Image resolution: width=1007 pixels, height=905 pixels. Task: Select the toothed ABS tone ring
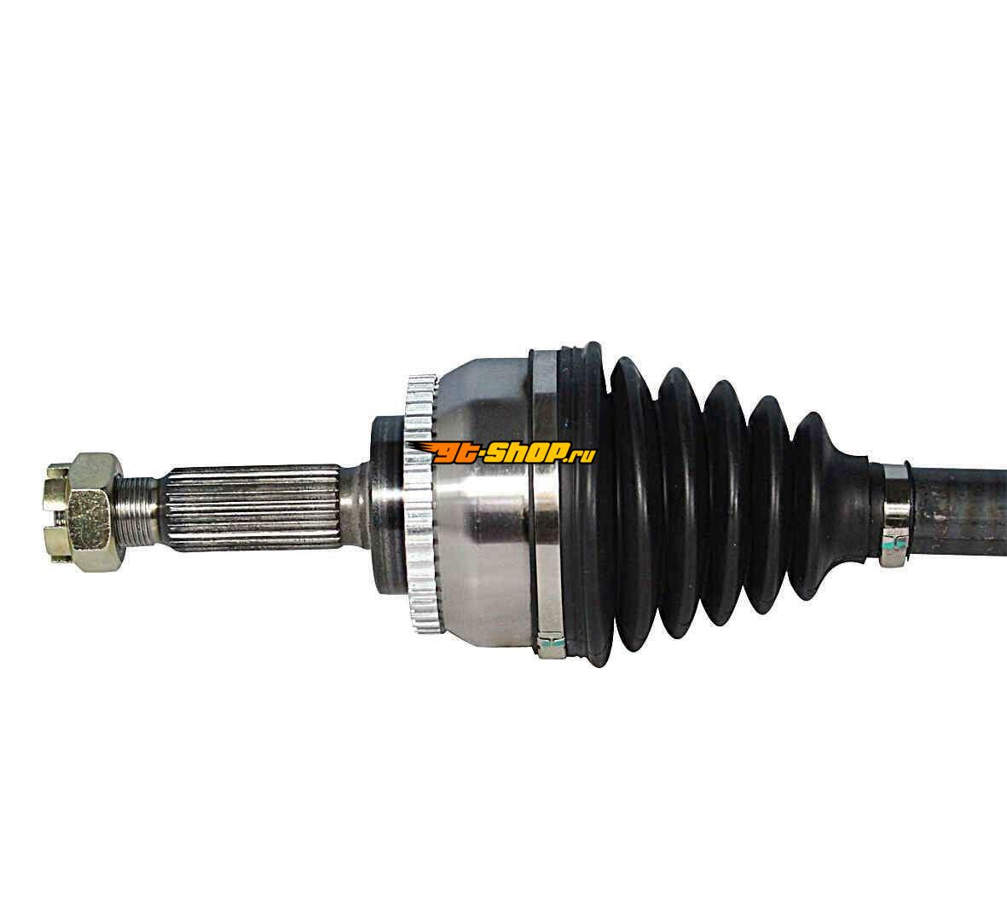[420, 504]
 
